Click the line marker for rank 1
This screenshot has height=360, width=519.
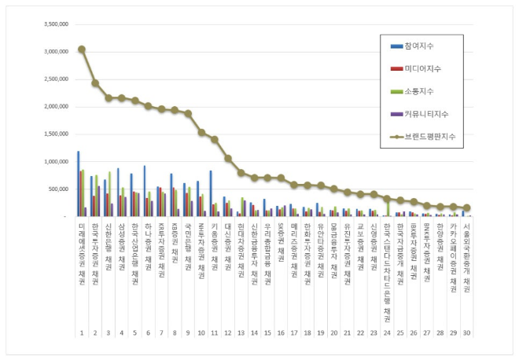pyautogui.click(x=82, y=49)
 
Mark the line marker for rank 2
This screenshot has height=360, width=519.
pyautogui.click(x=95, y=83)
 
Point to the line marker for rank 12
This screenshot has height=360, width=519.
pyautogui.click(x=228, y=158)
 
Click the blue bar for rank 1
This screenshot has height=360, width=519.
pyautogui.click(x=78, y=183)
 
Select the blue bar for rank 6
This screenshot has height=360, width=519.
pyautogui.click(x=144, y=191)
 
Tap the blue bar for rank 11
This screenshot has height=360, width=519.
pyautogui.click(x=211, y=193)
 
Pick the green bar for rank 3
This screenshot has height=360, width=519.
pyautogui.click(x=109, y=194)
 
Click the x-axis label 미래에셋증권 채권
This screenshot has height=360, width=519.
pyautogui.click(x=82, y=248)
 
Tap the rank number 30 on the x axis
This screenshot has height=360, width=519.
pyautogui.click(x=466, y=333)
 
